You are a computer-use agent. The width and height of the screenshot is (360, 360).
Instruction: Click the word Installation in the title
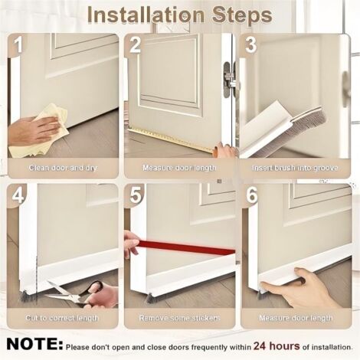146,15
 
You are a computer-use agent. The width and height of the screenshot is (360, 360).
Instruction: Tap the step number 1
18,45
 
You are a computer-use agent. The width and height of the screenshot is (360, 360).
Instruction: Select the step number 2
135,45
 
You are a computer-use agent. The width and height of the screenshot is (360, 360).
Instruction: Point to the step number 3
250,45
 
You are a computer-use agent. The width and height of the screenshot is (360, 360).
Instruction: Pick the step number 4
18,195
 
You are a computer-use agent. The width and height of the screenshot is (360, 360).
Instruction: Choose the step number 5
136,195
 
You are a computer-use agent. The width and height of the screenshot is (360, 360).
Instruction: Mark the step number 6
252,195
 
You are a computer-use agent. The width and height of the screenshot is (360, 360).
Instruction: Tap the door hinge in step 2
230,80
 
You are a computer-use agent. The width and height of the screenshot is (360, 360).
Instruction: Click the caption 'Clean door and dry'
63,168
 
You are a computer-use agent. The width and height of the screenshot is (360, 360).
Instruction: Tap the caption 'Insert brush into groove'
295,168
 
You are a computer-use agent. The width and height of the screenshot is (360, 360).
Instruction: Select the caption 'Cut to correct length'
61,318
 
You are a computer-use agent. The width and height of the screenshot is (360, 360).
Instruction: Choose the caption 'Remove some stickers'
179,318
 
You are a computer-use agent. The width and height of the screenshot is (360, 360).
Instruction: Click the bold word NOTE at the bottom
34,344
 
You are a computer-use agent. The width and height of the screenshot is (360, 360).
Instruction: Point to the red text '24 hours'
277,346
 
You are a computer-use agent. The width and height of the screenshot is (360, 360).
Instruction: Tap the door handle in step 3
345,88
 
